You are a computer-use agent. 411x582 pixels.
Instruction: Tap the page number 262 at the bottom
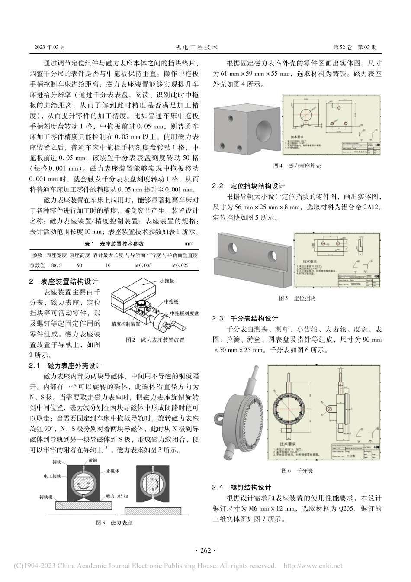[x=205, y=550]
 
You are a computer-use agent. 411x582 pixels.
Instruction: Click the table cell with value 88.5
[x=56, y=265]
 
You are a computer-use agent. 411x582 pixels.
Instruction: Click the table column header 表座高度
[x=80, y=255]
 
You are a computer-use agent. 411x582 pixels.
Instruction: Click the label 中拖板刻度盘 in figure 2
[x=184, y=313]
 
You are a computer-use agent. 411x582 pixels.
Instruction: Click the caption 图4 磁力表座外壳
[x=298, y=165]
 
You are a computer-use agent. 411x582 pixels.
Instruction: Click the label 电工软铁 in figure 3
[x=54, y=476]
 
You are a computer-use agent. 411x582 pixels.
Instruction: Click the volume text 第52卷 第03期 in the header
[x=355, y=47]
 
